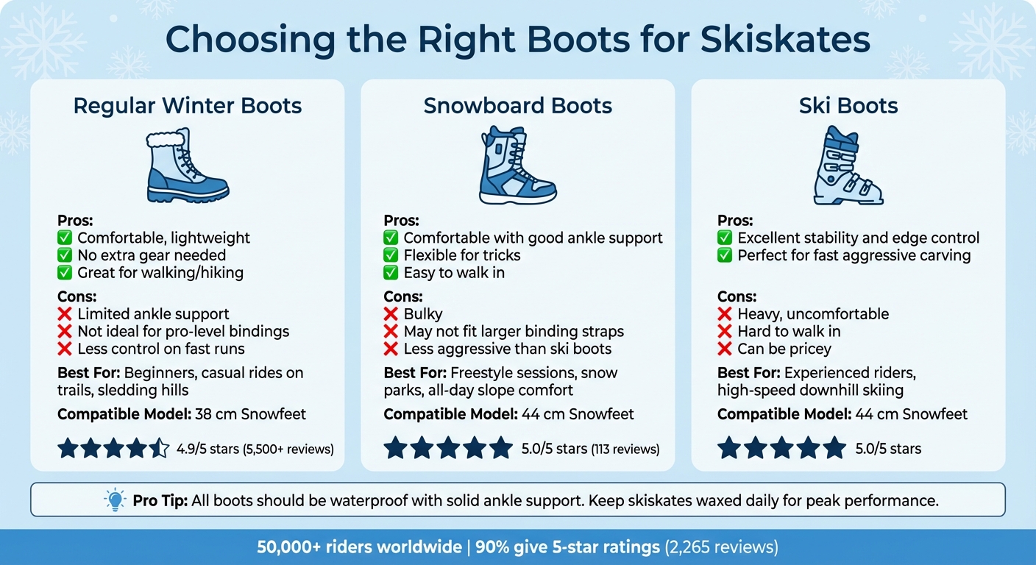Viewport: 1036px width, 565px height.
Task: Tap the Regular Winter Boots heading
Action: pyautogui.click(x=188, y=105)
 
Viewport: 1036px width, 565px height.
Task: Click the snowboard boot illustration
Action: pyautogui.click(x=517, y=166)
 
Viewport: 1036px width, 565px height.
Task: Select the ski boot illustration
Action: pyautogui.click(x=847, y=166)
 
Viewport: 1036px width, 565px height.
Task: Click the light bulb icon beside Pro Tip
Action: pyautogui.click(x=116, y=500)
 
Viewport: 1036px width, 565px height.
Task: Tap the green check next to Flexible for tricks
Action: pyautogui.click(x=391, y=255)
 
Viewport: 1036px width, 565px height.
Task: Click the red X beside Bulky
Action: pyautogui.click(x=391, y=314)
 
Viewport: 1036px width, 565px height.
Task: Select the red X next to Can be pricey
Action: pyautogui.click(x=725, y=349)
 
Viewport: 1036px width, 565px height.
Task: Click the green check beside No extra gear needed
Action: pyautogui.click(x=65, y=255)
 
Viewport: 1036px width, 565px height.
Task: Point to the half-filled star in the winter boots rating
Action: pyautogui.click(x=160, y=448)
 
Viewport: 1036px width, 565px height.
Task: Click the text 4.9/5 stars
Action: pyautogui.click(x=207, y=449)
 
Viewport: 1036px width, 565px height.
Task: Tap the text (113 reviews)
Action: pyautogui.click(x=625, y=449)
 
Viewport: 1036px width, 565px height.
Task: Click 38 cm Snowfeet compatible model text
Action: pyautogui.click(x=251, y=414)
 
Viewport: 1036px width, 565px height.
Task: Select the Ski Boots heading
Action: pyautogui.click(x=848, y=105)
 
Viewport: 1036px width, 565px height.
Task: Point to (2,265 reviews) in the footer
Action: pyautogui.click(x=721, y=547)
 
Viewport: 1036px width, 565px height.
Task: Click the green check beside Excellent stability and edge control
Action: pyautogui.click(x=725, y=238)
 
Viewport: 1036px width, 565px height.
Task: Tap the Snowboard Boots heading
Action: pyautogui.click(x=518, y=105)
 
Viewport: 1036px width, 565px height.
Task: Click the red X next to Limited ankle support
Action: pyautogui.click(x=65, y=314)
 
